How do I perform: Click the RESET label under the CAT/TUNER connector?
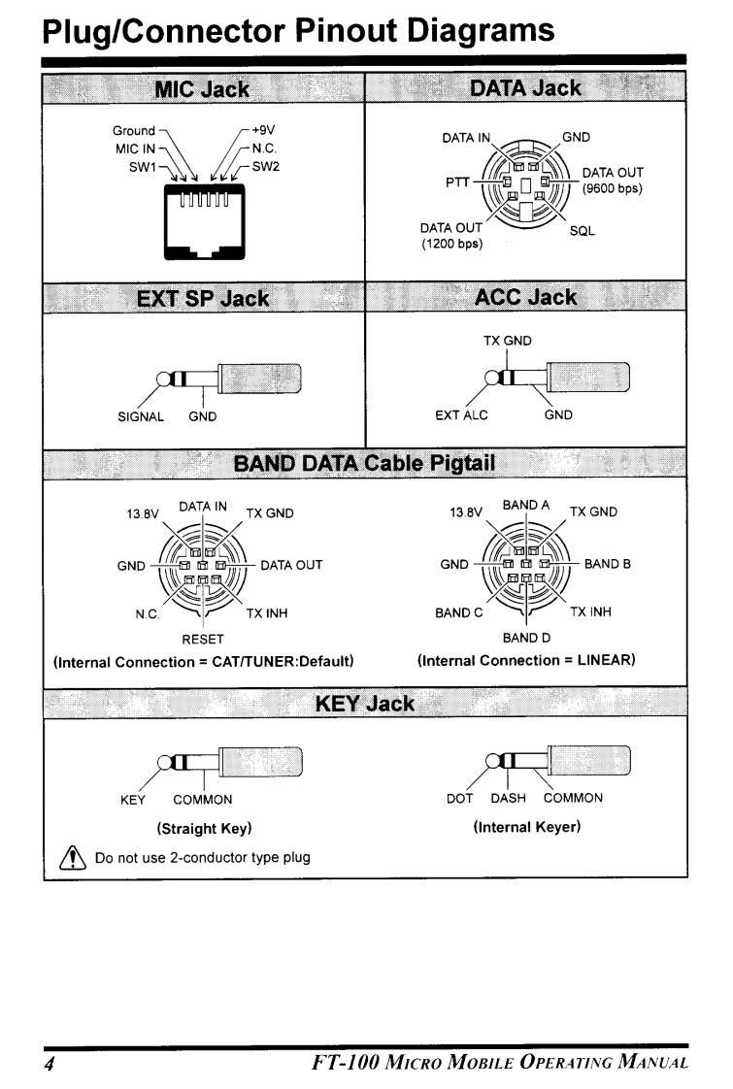(x=203, y=639)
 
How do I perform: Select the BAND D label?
(x=526, y=639)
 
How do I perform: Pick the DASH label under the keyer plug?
(x=508, y=798)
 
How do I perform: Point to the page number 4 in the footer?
(x=46, y=1057)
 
